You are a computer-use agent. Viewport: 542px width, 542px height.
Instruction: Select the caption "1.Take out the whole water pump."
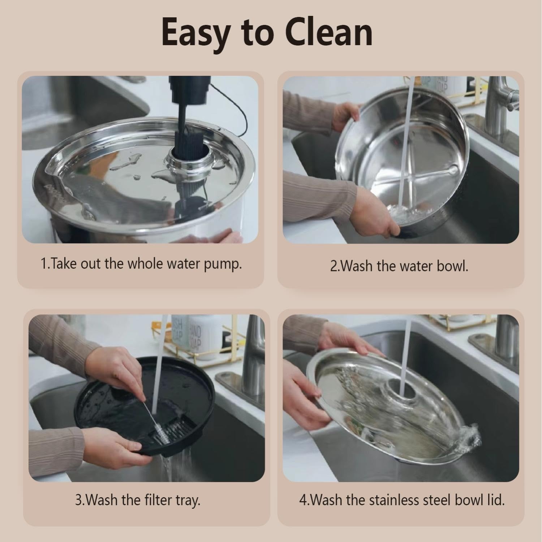pos(141,264)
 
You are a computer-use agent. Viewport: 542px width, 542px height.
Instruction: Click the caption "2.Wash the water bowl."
pos(399,266)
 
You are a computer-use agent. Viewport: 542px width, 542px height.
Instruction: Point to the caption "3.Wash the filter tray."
pos(137,500)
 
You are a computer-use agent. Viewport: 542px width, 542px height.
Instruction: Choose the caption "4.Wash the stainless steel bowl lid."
pos(402,500)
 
